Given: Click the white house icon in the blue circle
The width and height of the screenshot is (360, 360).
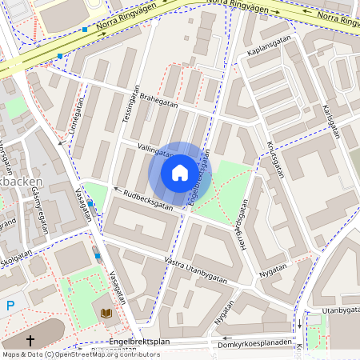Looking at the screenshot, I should pyautogui.click(x=180, y=173).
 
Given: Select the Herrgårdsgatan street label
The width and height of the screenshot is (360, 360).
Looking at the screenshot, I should pyautogui.click(x=247, y=224).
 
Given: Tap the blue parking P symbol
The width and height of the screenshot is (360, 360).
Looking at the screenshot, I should pyautogui.click(x=10, y=305).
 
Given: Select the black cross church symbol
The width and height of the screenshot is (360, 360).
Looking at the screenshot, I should pyautogui.click(x=31, y=341).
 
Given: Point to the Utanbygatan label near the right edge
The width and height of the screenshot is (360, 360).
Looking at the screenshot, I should pyautogui.click(x=341, y=310).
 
